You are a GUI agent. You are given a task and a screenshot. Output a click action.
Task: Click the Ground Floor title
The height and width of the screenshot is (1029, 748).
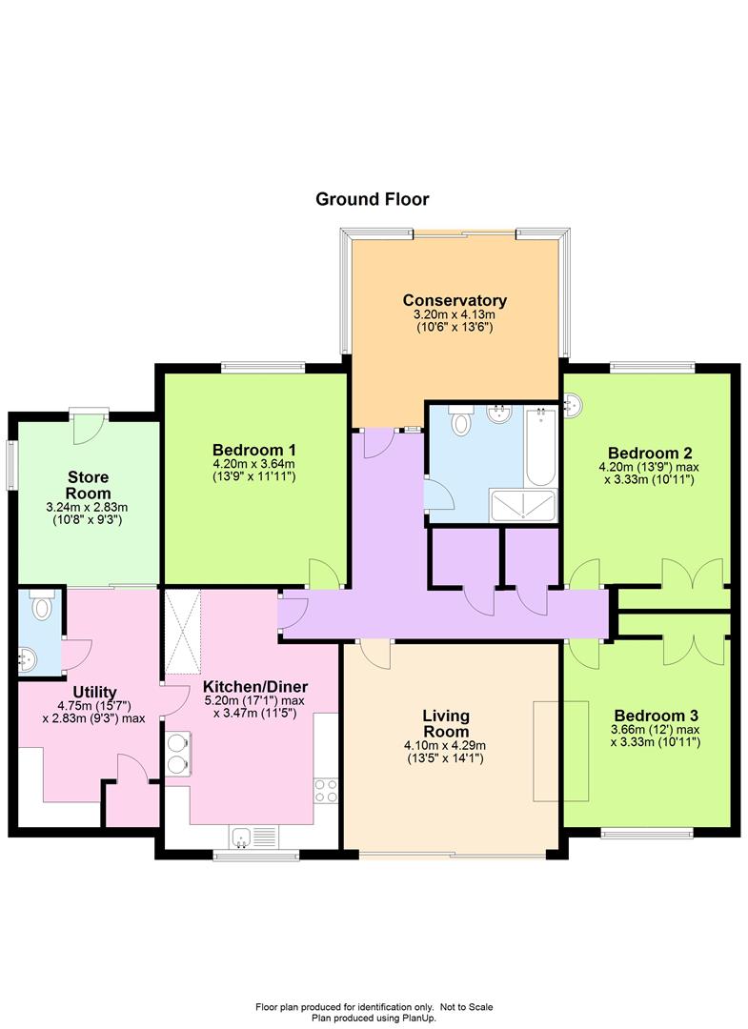(372, 199)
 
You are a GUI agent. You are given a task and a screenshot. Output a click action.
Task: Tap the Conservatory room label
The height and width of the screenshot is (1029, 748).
(455, 300)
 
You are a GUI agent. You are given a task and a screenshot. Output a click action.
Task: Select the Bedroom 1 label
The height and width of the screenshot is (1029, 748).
(253, 450)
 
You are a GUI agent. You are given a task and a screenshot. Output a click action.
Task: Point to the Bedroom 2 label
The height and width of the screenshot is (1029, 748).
(650, 453)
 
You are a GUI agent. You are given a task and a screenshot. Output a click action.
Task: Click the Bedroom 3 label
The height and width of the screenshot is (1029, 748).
(656, 716)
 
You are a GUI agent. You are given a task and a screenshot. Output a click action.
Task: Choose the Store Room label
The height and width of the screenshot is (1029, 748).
(89, 485)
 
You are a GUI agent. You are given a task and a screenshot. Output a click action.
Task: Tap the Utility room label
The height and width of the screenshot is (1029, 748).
(94, 692)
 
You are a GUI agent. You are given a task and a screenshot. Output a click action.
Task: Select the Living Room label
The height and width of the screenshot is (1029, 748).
(446, 723)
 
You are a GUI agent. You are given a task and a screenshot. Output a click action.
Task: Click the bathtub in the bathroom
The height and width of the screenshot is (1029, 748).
(540, 446)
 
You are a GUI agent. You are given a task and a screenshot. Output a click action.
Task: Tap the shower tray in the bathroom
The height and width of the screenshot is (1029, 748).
(523, 505)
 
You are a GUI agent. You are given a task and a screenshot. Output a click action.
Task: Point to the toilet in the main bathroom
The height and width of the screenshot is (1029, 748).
(462, 420)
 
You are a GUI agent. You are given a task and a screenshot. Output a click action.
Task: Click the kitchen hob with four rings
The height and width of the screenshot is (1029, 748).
(326, 790)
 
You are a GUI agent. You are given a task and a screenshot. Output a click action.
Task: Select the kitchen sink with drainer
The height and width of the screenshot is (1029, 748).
(253, 837)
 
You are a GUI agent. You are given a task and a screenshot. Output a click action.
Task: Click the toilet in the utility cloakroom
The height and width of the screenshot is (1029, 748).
(41, 605)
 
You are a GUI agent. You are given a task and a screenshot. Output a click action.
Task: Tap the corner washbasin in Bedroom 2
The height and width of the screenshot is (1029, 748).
(572, 404)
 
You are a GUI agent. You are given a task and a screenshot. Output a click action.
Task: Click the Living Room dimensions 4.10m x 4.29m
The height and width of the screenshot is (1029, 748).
(445, 745)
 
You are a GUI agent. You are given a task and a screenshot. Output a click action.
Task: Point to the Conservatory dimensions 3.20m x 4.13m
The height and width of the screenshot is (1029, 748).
(455, 314)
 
